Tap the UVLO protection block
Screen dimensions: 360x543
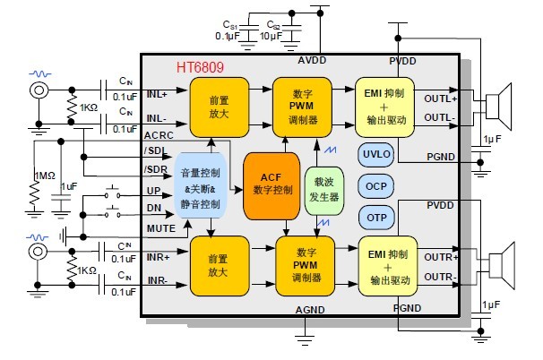[377, 153]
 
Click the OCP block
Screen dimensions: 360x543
[377, 185]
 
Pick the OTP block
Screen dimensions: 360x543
[377, 217]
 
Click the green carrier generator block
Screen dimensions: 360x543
[323, 190]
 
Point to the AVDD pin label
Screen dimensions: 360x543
[313, 62]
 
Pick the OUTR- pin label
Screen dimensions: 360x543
[442, 275]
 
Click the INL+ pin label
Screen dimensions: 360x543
[158, 94]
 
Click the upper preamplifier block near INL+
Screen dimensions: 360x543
[219, 107]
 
